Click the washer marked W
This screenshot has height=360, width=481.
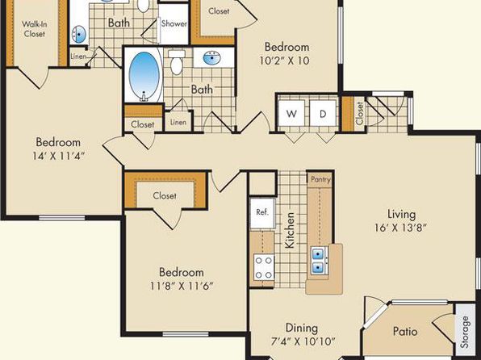pyautogui.click(x=291, y=113)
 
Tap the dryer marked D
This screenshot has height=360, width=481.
pyautogui.click(x=323, y=113)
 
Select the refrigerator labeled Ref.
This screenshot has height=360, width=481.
pyautogui.click(x=262, y=213)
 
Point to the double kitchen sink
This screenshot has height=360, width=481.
pyautogui.click(x=319, y=260)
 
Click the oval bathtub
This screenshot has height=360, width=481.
pyautogui.click(x=144, y=76)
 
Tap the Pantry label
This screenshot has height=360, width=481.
pyautogui.click(x=320, y=179)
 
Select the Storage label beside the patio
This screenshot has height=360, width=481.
pyautogui.click(x=466, y=332)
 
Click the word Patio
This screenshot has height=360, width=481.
pyautogui.click(x=405, y=332)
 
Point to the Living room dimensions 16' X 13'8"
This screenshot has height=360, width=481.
pyautogui.click(x=400, y=228)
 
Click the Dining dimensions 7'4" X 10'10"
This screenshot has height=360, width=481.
pyautogui.click(x=303, y=341)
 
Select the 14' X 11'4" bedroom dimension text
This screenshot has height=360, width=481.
pyautogui.click(x=58, y=156)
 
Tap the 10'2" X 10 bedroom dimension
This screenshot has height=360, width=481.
pyautogui.click(x=284, y=61)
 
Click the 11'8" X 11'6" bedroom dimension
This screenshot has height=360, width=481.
pyautogui.click(x=182, y=286)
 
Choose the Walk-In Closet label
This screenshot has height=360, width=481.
pyautogui.click(x=35, y=29)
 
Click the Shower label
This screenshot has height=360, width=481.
pyautogui.click(x=174, y=23)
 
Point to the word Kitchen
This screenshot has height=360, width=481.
pyautogui.click(x=290, y=230)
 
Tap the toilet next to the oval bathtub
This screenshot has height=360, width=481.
pyautogui.click(x=177, y=62)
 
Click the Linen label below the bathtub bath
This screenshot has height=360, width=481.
pyautogui.click(x=178, y=122)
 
